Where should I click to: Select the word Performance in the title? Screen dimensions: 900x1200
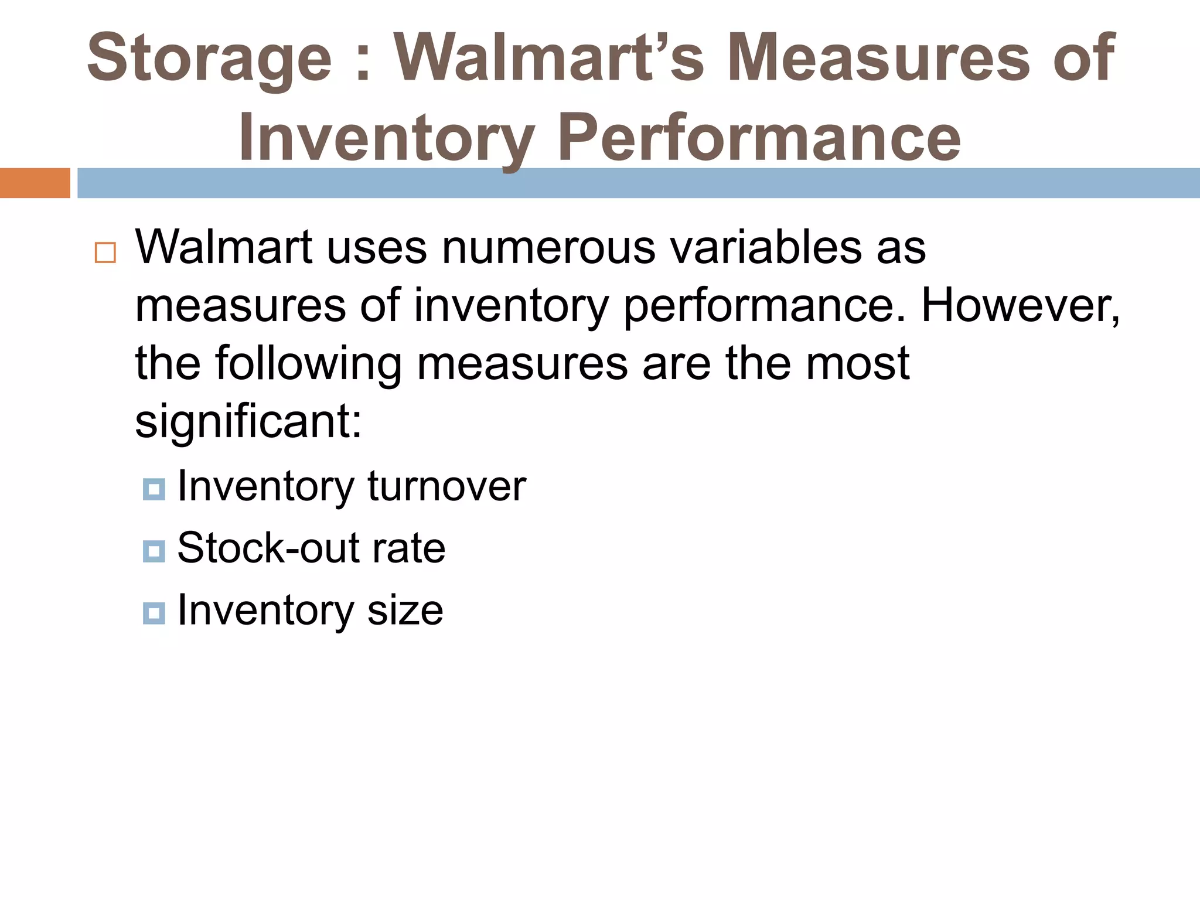[759, 138]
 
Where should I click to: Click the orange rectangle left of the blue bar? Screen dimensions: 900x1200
[35, 183]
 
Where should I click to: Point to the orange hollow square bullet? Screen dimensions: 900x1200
[105, 253]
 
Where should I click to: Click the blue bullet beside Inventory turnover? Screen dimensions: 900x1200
[154, 489]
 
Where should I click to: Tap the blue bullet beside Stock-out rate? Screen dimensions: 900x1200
[154, 551]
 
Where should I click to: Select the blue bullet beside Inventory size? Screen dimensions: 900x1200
[154, 613]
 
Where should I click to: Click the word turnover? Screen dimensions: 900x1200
[446, 486]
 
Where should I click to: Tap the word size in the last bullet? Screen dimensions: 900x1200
[405, 611]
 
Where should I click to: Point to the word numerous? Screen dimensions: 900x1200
[548, 247]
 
